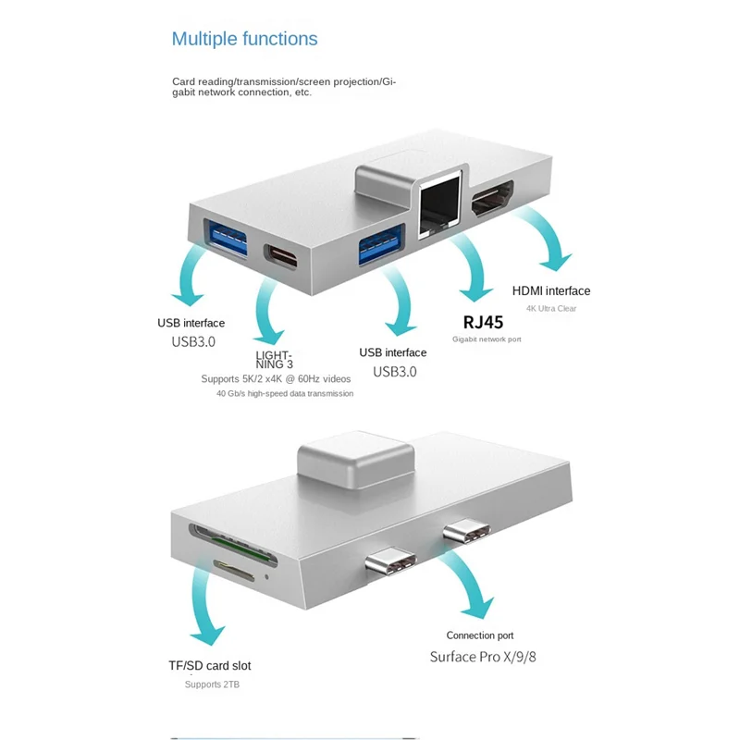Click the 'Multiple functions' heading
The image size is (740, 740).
[244, 39]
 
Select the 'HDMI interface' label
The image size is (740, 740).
[550, 291]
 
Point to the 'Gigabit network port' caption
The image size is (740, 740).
[487, 339]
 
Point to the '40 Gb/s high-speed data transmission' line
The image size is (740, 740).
[285, 393]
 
